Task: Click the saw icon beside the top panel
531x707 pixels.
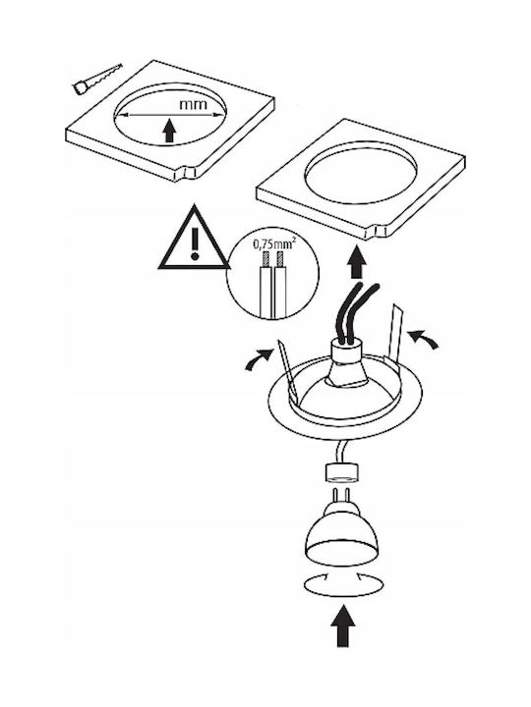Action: [x=97, y=79]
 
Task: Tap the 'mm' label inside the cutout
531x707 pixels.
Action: [x=194, y=105]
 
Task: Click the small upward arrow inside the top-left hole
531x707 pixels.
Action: [x=169, y=131]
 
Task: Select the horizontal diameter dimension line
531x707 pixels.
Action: [x=170, y=115]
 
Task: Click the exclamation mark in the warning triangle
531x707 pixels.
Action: [x=195, y=244]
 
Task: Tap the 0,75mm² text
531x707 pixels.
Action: [x=274, y=245]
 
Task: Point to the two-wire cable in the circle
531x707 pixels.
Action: [x=272, y=284]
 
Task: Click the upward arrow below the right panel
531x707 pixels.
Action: [x=357, y=262]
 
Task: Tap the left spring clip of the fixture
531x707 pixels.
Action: [x=287, y=369]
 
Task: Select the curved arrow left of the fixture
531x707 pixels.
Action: [x=259, y=359]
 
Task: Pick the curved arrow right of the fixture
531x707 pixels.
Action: [x=423, y=338]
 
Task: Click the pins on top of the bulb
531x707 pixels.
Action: [x=342, y=496]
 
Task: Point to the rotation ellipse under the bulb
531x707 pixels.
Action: [x=343, y=585]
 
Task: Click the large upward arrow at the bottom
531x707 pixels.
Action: [x=343, y=626]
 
